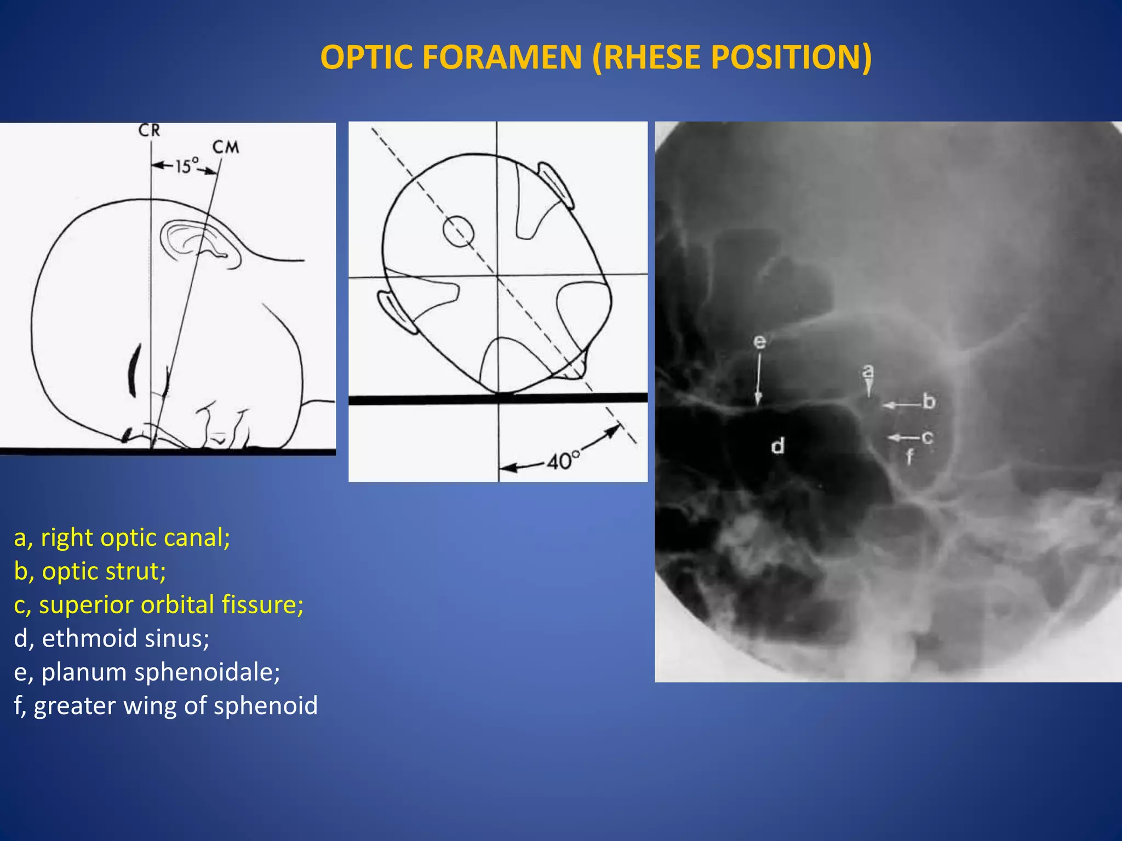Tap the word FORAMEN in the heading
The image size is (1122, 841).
tap(502, 57)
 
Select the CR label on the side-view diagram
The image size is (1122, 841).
tap(149, 131)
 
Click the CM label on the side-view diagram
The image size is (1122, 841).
tap(226, 147)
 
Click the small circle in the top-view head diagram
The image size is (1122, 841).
tap(458, 231)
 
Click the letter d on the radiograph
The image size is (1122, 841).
tap(778, 446)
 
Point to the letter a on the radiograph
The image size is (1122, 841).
tap(868, 372)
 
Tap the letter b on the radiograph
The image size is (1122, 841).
tap(929, 401)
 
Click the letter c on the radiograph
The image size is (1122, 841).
tap(927, 437)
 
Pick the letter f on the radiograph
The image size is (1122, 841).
tap(909, 456)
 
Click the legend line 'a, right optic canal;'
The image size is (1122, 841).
tap(122, 538)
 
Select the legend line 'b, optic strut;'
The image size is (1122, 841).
tap(90, 571)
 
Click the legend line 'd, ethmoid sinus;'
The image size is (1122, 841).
tap(112, 638)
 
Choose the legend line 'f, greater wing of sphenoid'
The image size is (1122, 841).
tap(166, 706)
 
